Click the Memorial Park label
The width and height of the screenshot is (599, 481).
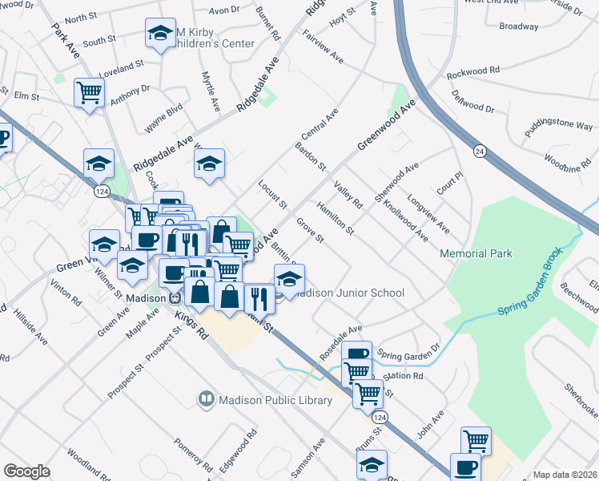pyautogui.click(x=476, y=253)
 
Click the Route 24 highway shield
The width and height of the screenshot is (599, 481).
pyautogui.click(x=479, y=151)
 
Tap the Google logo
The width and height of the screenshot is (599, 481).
pyautogui.click(x=26, y=471)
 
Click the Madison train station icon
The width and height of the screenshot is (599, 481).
pyautogui.click(x=174, y=297)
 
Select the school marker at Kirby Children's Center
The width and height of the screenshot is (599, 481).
pyautogui.click(x=160, y=34)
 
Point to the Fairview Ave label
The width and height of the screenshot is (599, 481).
pyautogui.click(x=323, y=47)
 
